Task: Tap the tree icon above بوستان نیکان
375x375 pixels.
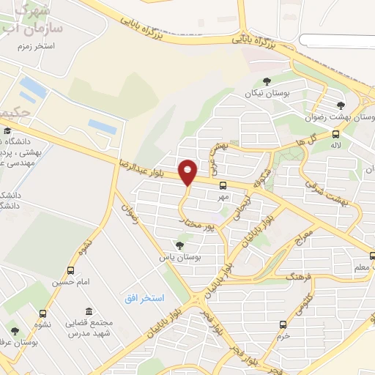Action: tap(265, 82)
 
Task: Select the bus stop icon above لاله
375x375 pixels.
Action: tap(335, 134)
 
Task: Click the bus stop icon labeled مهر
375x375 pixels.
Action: tap(223, 186)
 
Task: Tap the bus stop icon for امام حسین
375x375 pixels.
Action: tap(70, 270)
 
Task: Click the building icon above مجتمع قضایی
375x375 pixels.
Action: tap(89, 311)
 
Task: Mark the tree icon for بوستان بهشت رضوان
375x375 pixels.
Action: tap(340, 105)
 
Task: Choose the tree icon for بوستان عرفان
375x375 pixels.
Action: tap(15, 331)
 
